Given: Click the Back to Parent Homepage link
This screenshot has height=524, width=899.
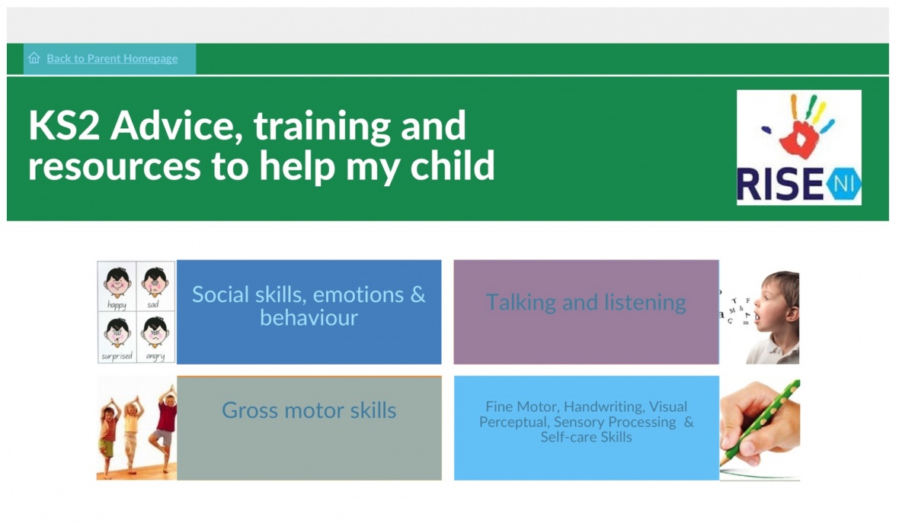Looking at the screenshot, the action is [112, 59].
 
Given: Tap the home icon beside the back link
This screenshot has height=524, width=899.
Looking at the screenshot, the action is [34, 58].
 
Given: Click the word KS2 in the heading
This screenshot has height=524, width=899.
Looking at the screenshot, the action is [64, 125].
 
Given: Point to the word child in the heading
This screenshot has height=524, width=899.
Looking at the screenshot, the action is [453, 166].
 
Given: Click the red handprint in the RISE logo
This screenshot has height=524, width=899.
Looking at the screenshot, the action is [801, 139].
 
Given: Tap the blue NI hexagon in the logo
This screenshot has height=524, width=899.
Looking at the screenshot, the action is [843, 185].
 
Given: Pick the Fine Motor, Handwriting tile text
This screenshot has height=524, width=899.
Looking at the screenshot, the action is [586, 422].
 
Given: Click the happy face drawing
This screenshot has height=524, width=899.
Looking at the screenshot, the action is [117, 286].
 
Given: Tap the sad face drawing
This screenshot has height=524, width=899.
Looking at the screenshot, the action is [155, 286].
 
